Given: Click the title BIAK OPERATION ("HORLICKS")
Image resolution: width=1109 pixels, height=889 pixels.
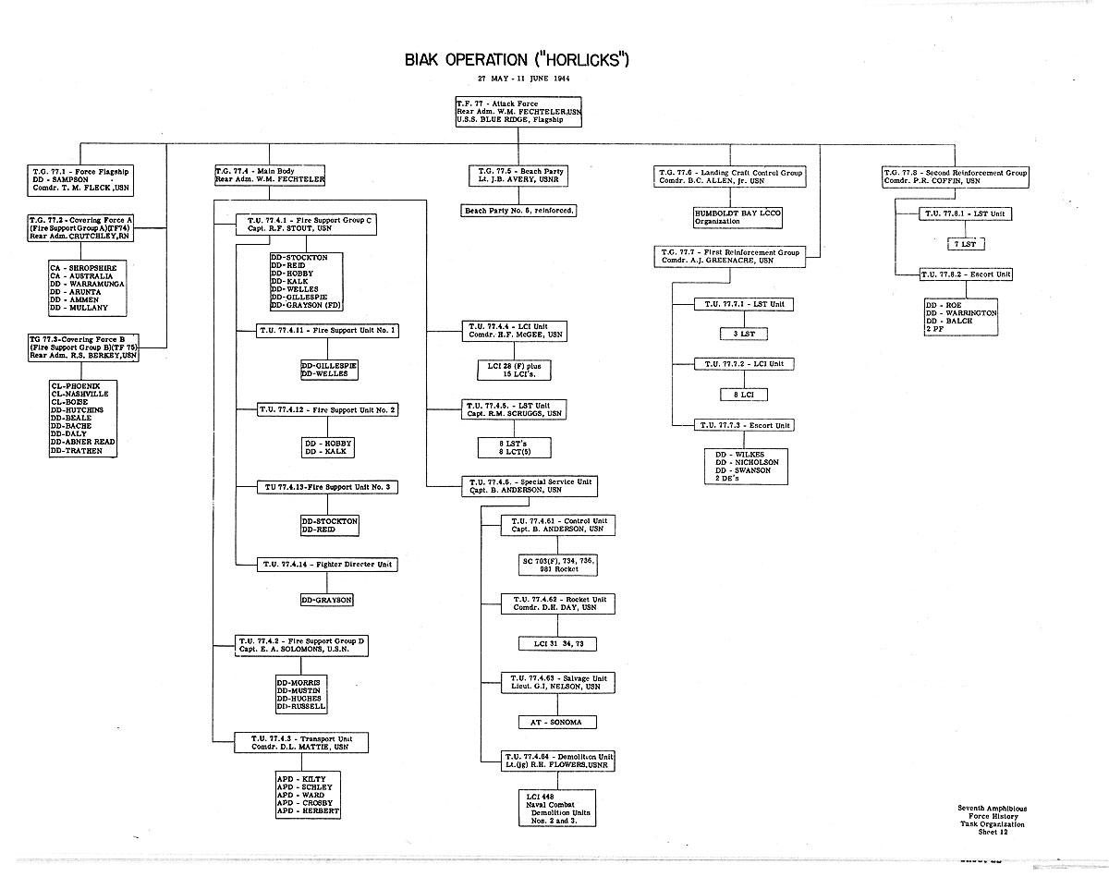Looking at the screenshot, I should (x=517, y=61).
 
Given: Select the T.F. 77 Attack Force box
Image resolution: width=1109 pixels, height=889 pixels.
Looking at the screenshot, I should (x=518, y=111).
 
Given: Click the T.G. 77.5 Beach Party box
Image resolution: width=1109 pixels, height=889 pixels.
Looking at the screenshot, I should (x=518, y=177).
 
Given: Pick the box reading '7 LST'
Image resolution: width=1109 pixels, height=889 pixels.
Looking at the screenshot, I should (x=968, y=244).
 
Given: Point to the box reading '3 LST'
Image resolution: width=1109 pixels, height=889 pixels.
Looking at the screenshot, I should (x=743, y=334).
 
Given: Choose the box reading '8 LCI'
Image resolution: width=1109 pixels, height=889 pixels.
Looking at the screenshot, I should (x=743, y=395).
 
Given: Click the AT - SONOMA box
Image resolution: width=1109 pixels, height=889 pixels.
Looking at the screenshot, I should (x=557, y=722).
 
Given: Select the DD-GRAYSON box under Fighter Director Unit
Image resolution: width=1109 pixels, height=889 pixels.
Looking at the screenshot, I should (x=326, y=600).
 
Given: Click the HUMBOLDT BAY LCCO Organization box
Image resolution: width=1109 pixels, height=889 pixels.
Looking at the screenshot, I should (x=737, y=217).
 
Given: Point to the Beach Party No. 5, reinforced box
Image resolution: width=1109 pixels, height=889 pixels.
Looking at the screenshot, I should (x=518, y=211).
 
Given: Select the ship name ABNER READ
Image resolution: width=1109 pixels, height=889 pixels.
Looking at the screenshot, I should (x=91, y=442).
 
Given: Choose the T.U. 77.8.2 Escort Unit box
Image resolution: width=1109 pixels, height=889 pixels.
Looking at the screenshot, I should (x=967, y=274).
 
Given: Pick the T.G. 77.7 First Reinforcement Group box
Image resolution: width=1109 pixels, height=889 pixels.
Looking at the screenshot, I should (x=728, y=256).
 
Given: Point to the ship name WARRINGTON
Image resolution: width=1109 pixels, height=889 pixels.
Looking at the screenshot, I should (x=963, y=313).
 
